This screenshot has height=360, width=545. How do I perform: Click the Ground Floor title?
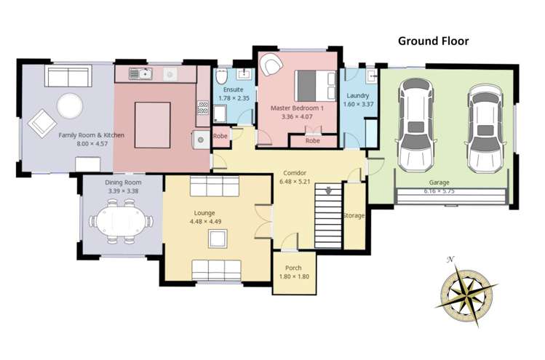coord(433,41)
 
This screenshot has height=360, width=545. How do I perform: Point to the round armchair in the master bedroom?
coord(272,65)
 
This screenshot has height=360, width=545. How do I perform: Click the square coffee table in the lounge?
coord(216,239)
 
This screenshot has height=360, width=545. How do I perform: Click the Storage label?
coord(354,216)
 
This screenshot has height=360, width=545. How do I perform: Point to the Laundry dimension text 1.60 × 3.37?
coord(358,104)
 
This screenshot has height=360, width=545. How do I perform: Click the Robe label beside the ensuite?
coord(220,136)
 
